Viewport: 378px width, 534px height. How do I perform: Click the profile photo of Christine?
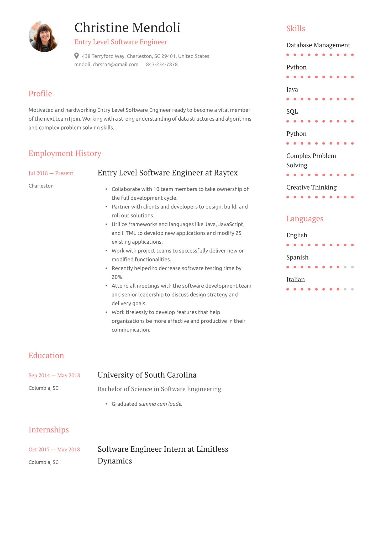click(x=44, y=36)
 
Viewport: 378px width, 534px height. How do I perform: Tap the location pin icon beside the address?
click(x=76, y=56)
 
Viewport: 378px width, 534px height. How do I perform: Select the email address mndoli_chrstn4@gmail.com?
click(x=106, y=65)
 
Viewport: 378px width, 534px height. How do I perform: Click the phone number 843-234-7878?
click(x=162, y=65)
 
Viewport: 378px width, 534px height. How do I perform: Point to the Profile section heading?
click(x=40, y=94)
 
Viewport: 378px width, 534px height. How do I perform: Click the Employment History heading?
click(x=65, y=153)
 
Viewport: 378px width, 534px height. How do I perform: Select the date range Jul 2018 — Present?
click(x=51, y=173)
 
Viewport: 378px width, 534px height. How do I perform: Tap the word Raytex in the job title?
click(x=226, y=173)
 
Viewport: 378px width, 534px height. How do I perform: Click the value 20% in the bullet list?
click(x=117, y=277)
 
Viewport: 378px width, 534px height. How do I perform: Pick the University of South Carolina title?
click(x=147, y=375)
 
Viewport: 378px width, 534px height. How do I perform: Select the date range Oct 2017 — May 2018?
click(x=54, y=450)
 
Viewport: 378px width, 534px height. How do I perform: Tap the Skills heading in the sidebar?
click(x=296, y=29)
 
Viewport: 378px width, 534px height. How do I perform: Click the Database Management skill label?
click(x=318, y=45)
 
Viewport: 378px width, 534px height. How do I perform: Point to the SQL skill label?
click(x=292, y=111)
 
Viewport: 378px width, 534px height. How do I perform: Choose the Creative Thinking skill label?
click(x=311, y=187)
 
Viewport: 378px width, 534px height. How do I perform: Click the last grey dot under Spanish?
click(x=352, y=267)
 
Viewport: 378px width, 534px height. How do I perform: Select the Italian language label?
click(x=296, y=280)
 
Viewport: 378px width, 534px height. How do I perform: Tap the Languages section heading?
click(x=305, y=219)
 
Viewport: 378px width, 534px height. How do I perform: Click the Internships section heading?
click(x=49, y=430)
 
